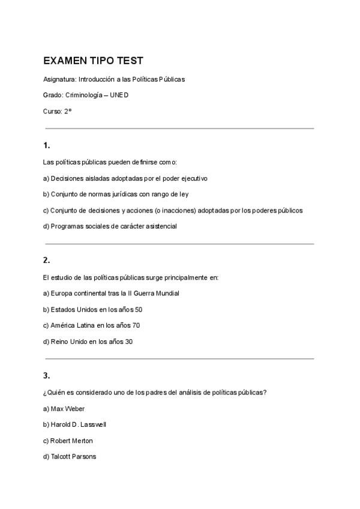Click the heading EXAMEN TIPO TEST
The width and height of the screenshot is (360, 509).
(93, 61)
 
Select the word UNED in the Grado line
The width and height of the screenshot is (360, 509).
(119, 95)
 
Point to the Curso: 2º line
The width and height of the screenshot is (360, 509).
(58, 111)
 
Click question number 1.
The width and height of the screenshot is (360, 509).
(46, 145)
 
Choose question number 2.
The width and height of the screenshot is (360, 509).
(46, 261)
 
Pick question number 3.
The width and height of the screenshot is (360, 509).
(46, 376)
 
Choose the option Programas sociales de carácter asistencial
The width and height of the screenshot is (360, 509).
(110, 227)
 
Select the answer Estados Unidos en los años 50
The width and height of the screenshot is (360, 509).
(92, 310)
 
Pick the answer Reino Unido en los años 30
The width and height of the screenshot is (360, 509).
(88, 342)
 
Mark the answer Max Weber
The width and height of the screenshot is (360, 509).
(64, 409)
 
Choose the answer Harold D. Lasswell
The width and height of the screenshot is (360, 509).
(75, 425)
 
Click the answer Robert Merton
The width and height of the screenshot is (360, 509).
(68, 441)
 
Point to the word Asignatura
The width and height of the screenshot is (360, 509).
(59, 79)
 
